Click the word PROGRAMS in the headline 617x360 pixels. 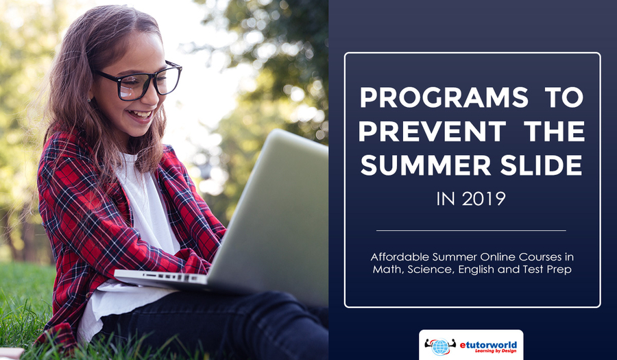click(x=444, y=97)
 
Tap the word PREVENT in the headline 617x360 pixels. click(x=432, y=132)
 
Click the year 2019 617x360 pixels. click(x=483, y=199)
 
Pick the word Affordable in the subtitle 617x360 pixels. click(x=400, y=257)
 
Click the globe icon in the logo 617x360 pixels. click(x=440, y=346)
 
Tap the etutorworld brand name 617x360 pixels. click(x=488, y=345)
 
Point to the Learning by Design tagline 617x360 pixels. click(x=496, y=351)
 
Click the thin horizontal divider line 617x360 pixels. click(x=471, y=230)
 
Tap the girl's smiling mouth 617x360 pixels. click(x=140, y=115)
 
